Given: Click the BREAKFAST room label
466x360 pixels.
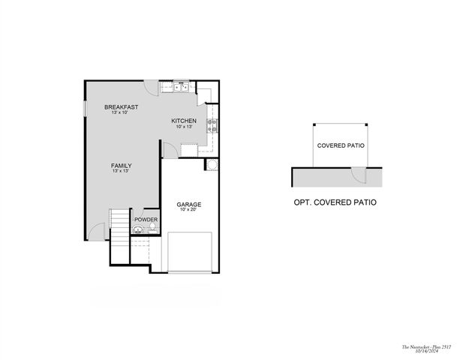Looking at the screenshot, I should (x=121, y=107).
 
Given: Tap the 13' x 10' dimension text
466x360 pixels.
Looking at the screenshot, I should (x=121, y=113).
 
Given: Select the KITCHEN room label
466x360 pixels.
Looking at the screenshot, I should (x=184, y=121).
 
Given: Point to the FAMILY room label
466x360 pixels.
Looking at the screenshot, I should (x=121, y=166).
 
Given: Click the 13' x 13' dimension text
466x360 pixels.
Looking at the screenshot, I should (x=121, y=172).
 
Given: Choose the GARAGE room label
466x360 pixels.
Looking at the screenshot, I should (x=188, y=204).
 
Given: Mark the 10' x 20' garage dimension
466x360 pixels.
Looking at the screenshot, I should (x=188, y=210).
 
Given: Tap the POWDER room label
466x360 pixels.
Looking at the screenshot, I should (x=146, y=220).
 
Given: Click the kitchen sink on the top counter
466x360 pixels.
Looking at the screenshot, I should (x=181, y=87).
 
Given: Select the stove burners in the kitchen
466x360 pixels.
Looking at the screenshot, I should (x=212, y=125).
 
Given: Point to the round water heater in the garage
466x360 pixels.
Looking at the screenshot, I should (x=212, y=165).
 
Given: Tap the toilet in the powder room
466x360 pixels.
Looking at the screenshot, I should (x=137, y=229).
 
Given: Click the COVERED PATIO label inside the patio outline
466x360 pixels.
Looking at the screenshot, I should (x=341, y=145).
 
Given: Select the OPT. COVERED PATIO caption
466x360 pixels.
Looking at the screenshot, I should (x=335, y=202).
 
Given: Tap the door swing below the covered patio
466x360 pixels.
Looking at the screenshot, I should (x=360, y=176).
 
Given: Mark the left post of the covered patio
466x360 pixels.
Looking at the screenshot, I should (x=314, y=126).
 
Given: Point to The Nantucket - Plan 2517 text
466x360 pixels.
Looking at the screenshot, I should (x=425, y=346).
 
